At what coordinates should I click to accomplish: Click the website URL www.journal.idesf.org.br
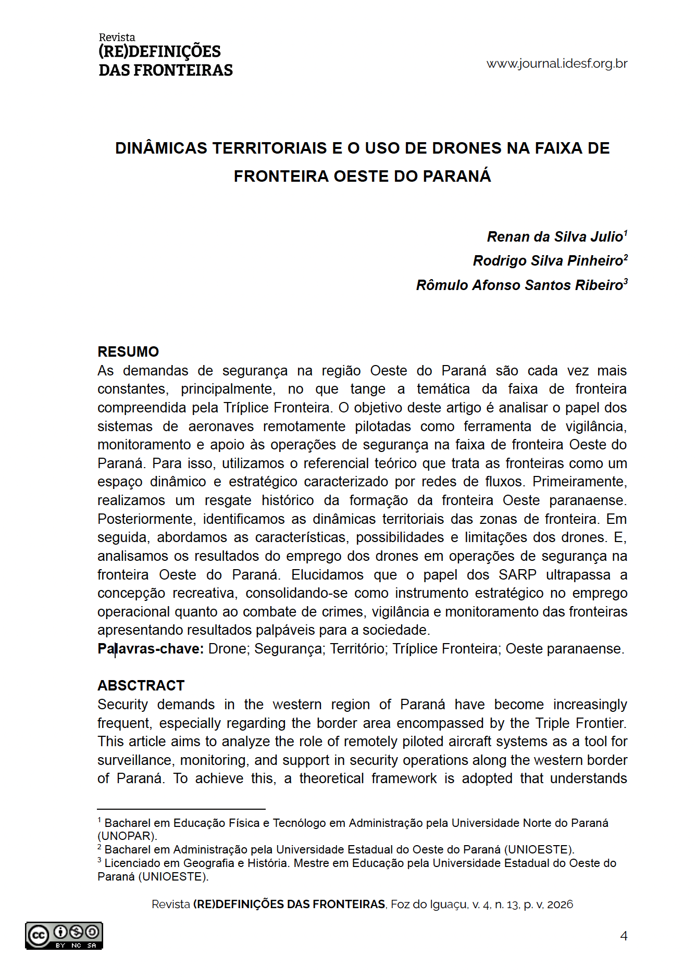(556, 64)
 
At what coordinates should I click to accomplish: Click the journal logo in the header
(165, 56)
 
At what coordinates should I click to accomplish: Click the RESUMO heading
(128, 352)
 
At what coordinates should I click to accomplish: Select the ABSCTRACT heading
(141, 685)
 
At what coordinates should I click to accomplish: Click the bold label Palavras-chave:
(151, 649)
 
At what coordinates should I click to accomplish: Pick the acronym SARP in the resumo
(517, 575)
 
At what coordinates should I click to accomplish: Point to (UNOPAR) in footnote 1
(127, 836)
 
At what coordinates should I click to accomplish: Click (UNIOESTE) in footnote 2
(538, 849)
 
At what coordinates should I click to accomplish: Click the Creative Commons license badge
(64, 936)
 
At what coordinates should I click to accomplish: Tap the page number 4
(624, 936)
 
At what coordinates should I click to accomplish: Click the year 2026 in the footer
(560, 904)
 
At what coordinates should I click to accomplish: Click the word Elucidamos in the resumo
(327, 575)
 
